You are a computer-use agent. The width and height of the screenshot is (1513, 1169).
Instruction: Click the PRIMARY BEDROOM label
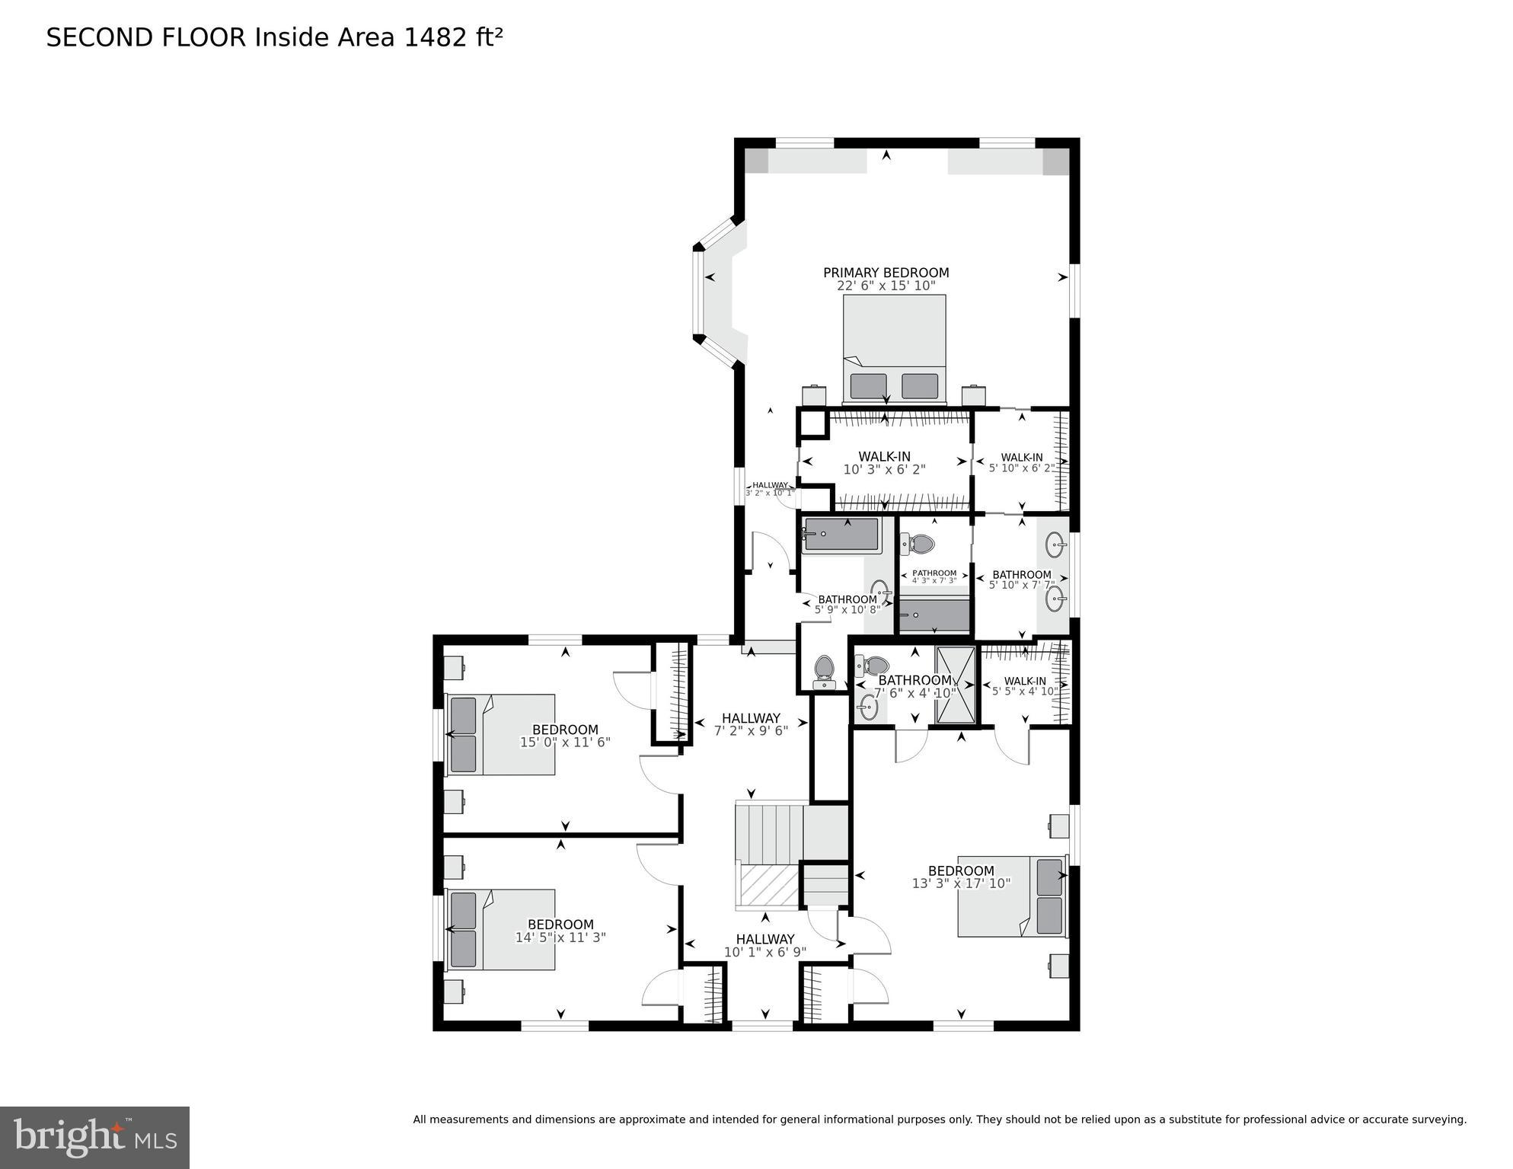886,273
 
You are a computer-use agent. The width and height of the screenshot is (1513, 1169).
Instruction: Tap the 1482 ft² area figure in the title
453,37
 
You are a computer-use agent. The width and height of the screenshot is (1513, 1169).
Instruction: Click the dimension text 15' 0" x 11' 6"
565,743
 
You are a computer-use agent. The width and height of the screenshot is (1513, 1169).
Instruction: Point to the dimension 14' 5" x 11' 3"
560,938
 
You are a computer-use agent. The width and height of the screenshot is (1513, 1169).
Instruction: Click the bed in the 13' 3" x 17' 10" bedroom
1011,896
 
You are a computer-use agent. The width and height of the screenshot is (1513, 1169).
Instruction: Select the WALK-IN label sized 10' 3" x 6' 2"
884,457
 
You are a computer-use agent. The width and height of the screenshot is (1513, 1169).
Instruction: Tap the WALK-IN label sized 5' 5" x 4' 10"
1025,681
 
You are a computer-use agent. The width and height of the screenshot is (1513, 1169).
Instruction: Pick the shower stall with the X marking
955,685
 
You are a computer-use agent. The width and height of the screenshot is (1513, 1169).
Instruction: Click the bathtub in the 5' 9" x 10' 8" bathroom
841,535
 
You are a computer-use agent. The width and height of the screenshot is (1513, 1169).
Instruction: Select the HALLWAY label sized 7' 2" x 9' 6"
751,718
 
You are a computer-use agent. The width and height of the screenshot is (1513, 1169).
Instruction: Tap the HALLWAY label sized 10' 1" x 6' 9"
765,940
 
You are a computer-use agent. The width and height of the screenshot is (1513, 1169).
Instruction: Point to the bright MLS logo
94,1138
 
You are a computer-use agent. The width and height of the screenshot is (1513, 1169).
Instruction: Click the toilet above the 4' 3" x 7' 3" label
920,544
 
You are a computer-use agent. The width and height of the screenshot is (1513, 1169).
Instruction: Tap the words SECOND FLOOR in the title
146,37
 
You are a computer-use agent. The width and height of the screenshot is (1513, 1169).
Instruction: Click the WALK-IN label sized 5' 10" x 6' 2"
1022,458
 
